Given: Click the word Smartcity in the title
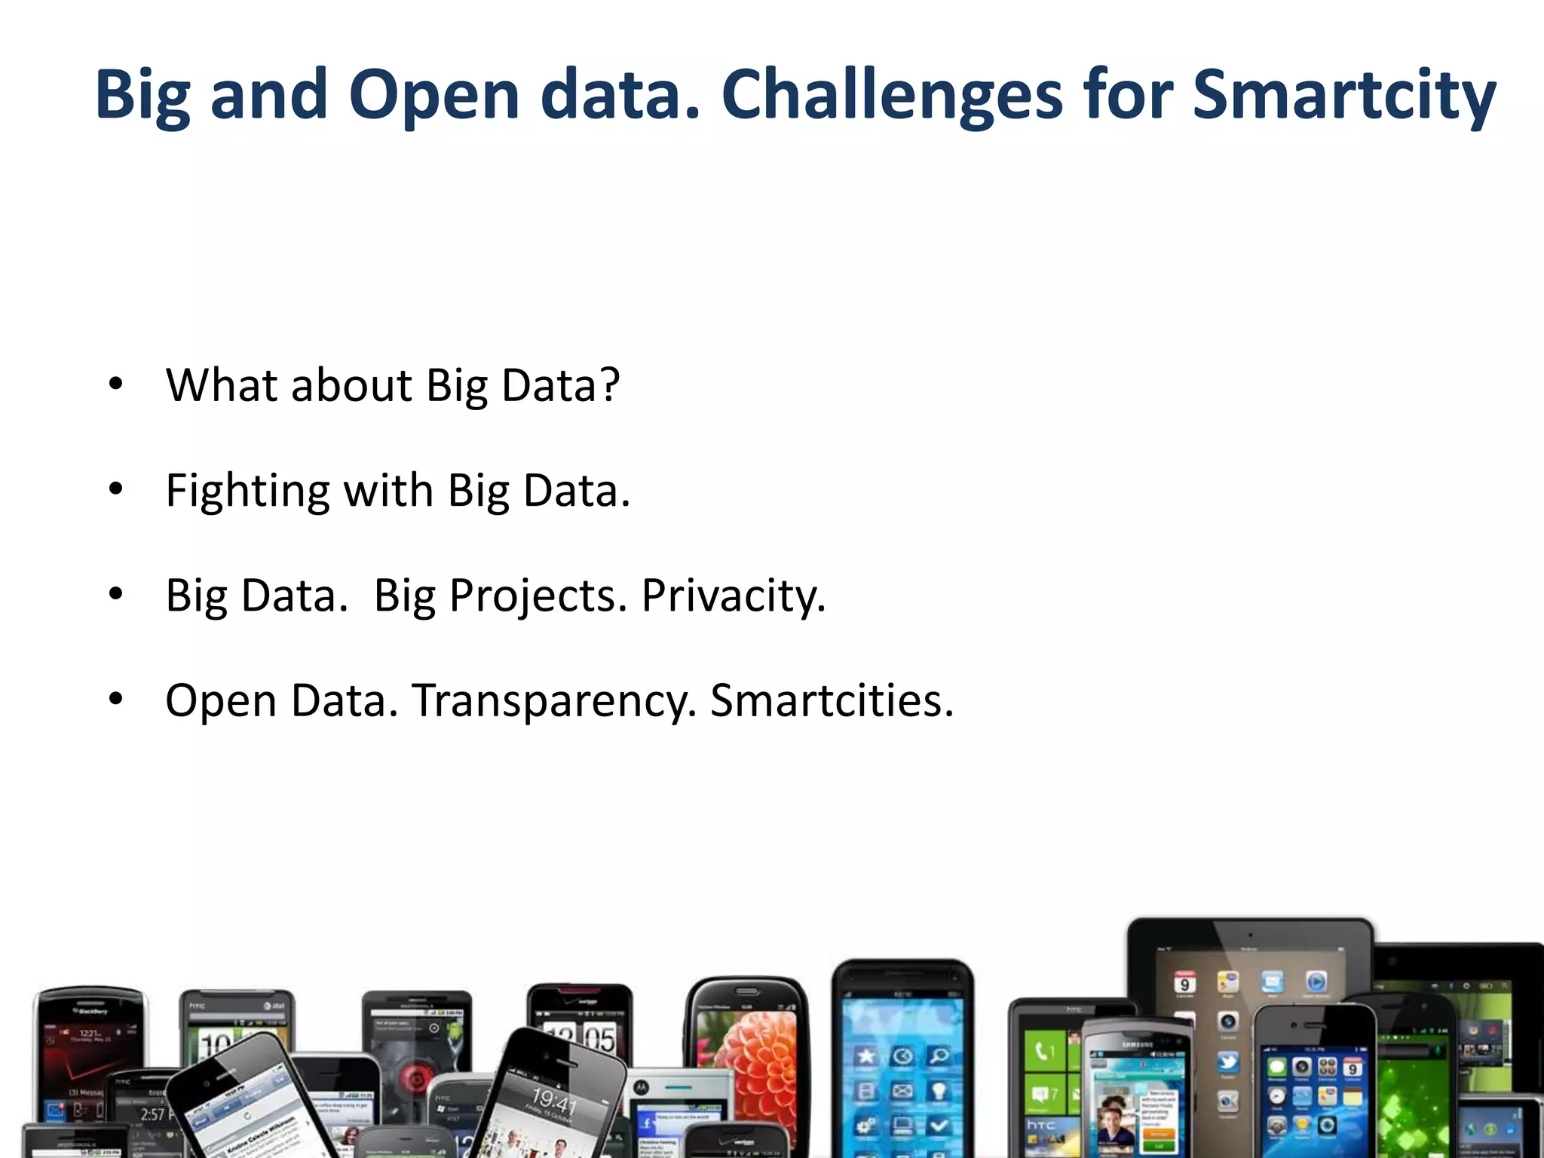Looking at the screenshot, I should pyautogui.click(x=1343, y=94).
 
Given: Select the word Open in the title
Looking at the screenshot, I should pyautogui.click(x=433, y=94).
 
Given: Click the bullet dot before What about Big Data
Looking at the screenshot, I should pyautogui.click(x=115, y=384).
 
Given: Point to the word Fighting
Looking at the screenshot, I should pyautogui.click(x=247, y=491).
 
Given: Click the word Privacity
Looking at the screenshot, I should pyautogui.click(x=733, y=596).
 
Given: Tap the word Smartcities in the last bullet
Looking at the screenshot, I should pyautogui.click(x=832, y=700).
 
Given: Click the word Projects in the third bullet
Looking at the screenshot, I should pyautogui.click(x=538, y=596).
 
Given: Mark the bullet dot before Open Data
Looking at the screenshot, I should pyautogui.click(x=115, y=699).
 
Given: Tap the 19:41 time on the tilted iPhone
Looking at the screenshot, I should pyautogui.click(x=554, y=1101).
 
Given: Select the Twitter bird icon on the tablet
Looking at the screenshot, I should pyautogui.click(x=1227, y=1061).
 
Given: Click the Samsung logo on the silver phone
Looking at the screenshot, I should pyautogui.click(x=1137, y=1045).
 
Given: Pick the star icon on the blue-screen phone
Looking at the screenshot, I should pyautogui.click(x=865, y=1055).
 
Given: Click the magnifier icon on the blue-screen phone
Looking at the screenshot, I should pyautogui.click(x=939, y=1055).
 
